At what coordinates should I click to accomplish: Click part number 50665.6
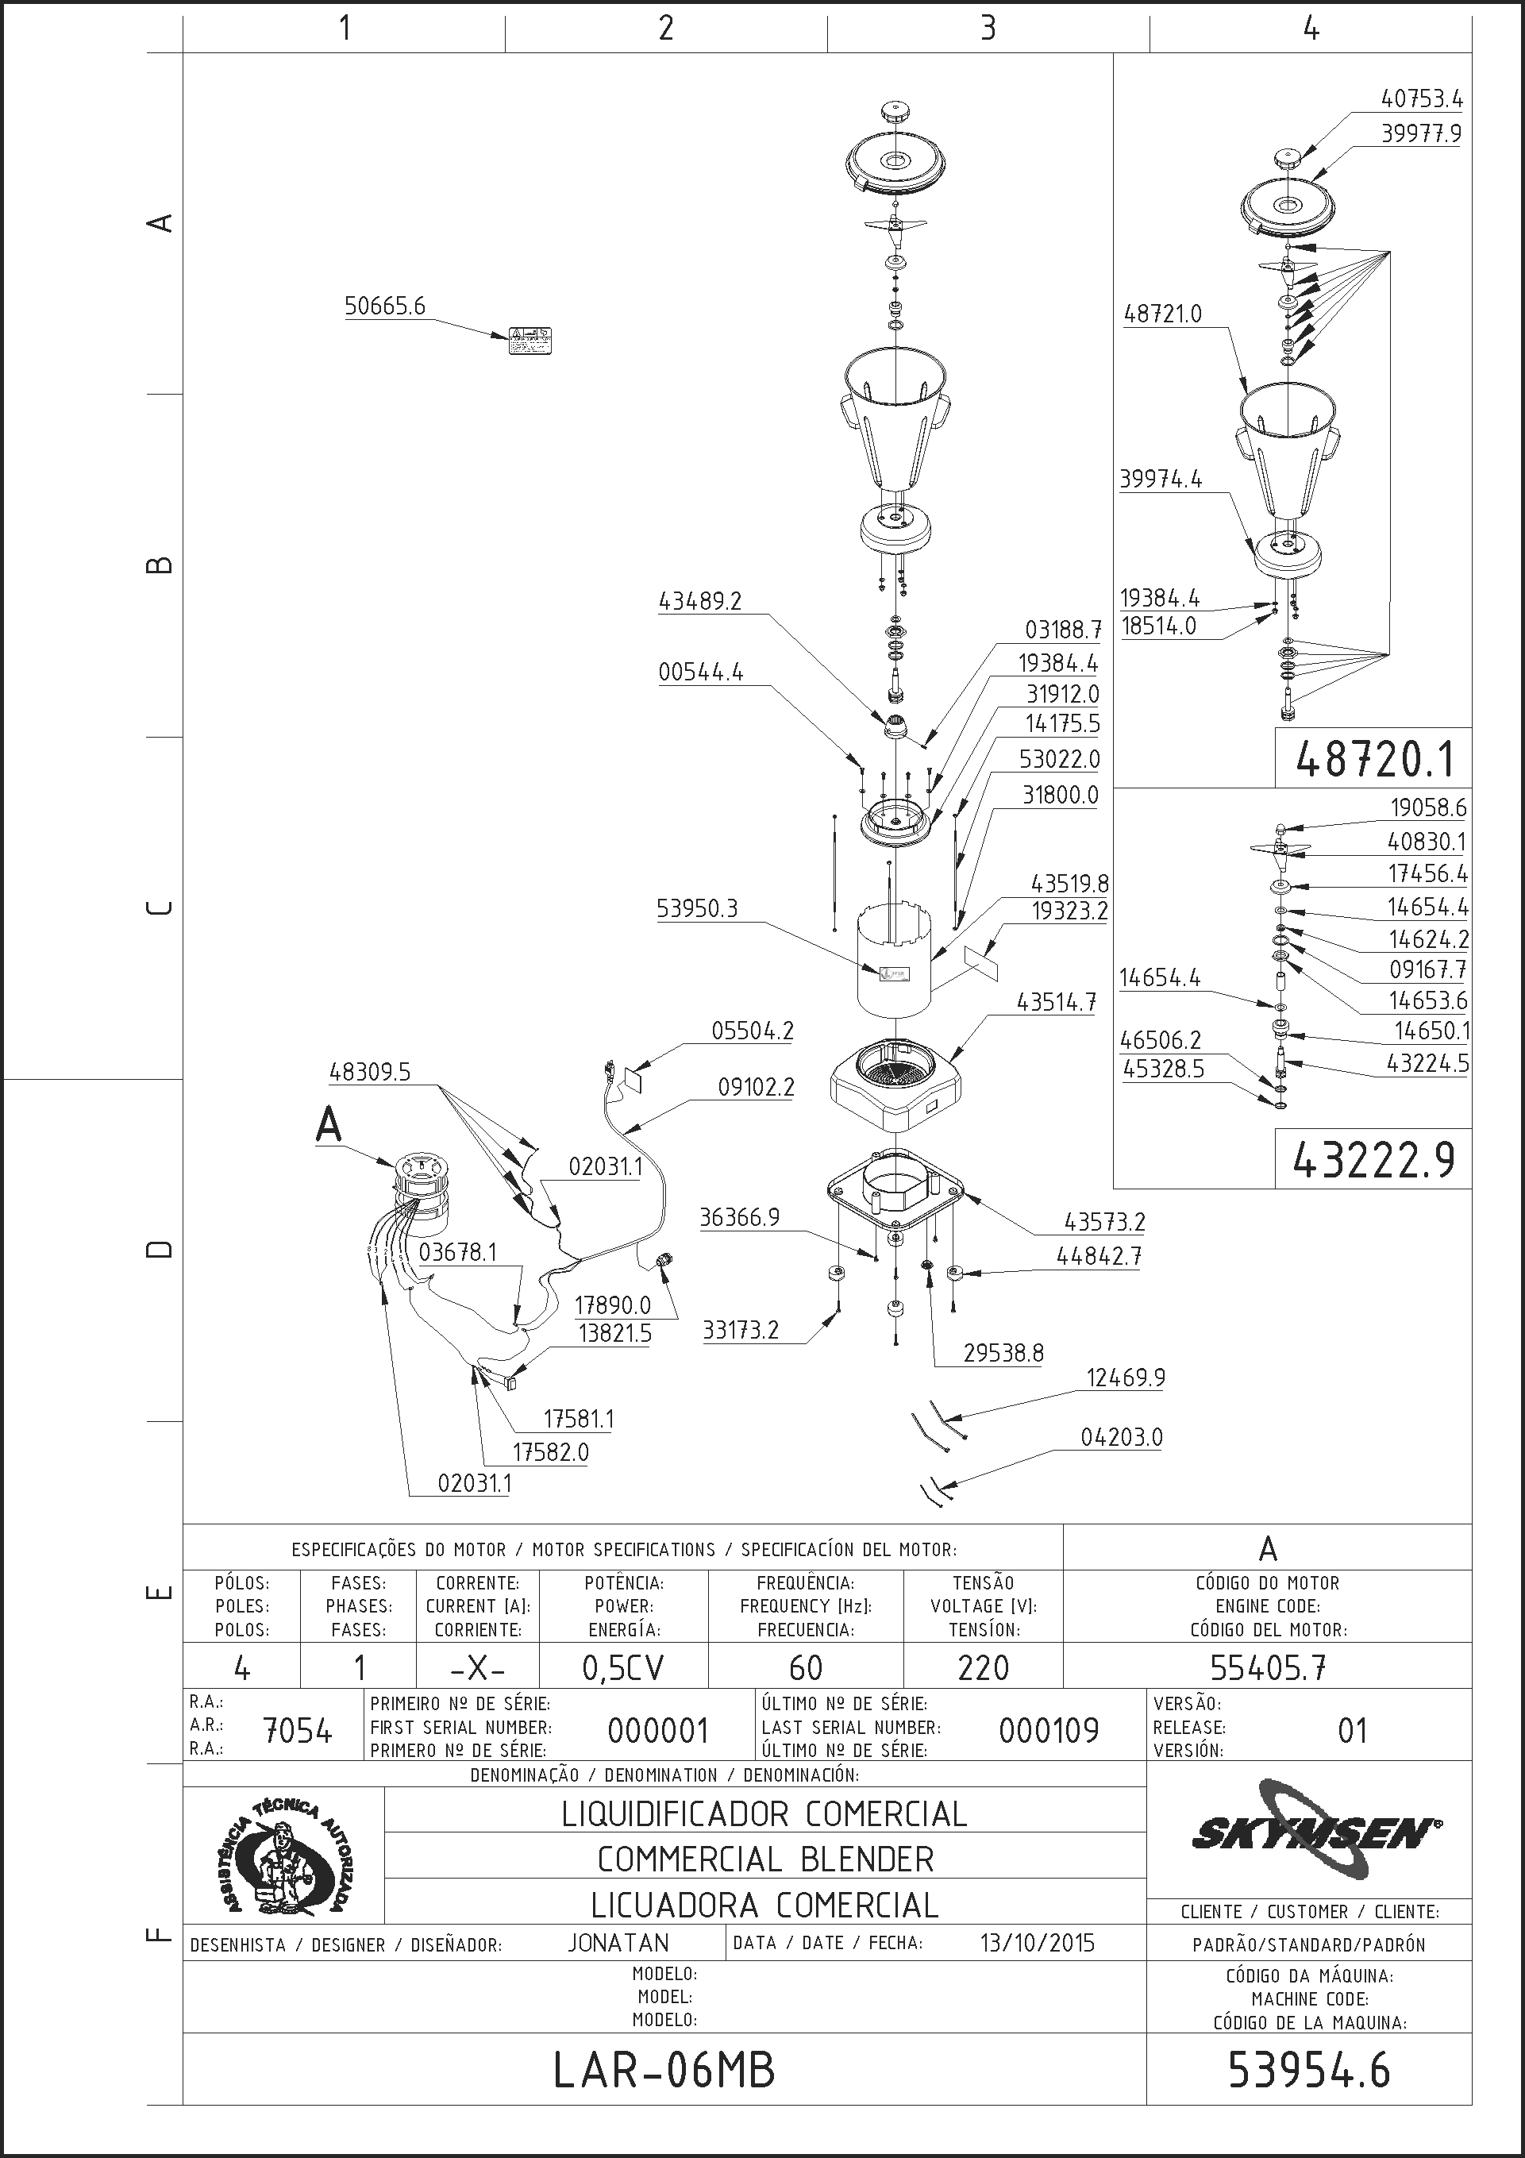384,306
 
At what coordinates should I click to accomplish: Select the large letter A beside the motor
328,1124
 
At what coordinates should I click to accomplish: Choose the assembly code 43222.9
1373,1162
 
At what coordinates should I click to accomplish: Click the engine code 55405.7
1268,1667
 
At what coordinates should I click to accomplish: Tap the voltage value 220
983,1667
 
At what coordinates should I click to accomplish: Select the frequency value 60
805,1667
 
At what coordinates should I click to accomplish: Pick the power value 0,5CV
623,1667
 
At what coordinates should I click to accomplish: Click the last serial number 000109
1049,1730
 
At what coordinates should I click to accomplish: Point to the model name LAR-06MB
664,2071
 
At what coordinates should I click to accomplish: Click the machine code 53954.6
1309,2071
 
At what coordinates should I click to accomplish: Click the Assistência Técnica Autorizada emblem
283,1857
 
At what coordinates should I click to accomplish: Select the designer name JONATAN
618,1943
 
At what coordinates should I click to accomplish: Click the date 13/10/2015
1038,1943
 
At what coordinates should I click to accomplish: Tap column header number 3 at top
988,29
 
